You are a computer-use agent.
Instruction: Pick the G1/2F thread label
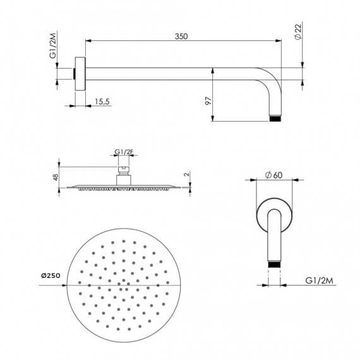(123, 152)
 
